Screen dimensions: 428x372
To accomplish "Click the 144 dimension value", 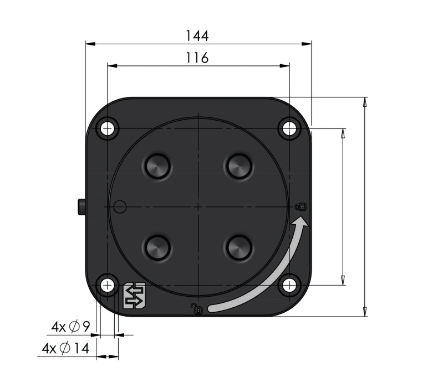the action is point(197,35).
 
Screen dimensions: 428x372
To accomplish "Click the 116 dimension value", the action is point(197,58).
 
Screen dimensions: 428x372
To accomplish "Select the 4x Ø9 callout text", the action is point(70,327).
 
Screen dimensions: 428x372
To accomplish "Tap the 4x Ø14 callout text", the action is point(65,348).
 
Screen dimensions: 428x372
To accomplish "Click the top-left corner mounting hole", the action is point(108,128).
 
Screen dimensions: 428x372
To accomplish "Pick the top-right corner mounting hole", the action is point(289,128).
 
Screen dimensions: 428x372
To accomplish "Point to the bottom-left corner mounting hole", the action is point(108,286).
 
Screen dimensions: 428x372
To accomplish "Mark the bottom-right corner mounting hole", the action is point(289,286).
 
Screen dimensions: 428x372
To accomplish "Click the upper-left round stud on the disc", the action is point(157,166).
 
